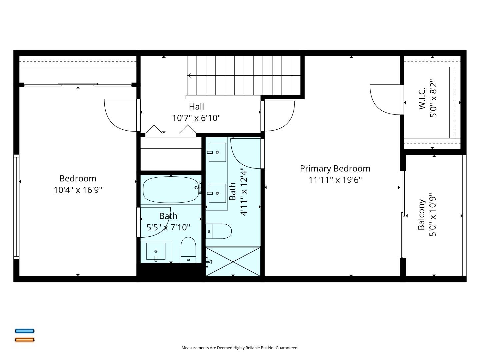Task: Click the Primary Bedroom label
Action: pyautogui.click(x=335, y=169)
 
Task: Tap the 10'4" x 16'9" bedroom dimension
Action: pyautogui.click(x=78, y=190)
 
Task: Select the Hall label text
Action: pyautogui.click(x=196, y=107)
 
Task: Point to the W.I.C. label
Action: pyautogui.click(x=422, y=99)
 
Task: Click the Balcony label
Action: pyautogui.click(x=422, y=215)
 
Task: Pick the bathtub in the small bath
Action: pyautogui.click(x=171, y=190)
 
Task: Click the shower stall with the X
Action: pyautogui.click(x=233, y=261)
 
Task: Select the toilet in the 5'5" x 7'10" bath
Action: pyautogui.click(x=188, y=250)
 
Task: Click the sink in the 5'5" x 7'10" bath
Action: pyautogui.click(x=156, y=252)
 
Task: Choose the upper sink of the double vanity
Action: pyautogui.click(x=217, y=152)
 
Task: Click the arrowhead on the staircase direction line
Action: pyautogui.click(x=189, y=76)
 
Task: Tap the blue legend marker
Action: pyautogui.click(x=24, y=331)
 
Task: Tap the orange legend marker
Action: pyautogui.click(x=24, y=340)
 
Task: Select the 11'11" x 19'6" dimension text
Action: pyautogui.click(x=335, y=180)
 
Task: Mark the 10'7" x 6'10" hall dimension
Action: pyautogui.click(x=196, y=118)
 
